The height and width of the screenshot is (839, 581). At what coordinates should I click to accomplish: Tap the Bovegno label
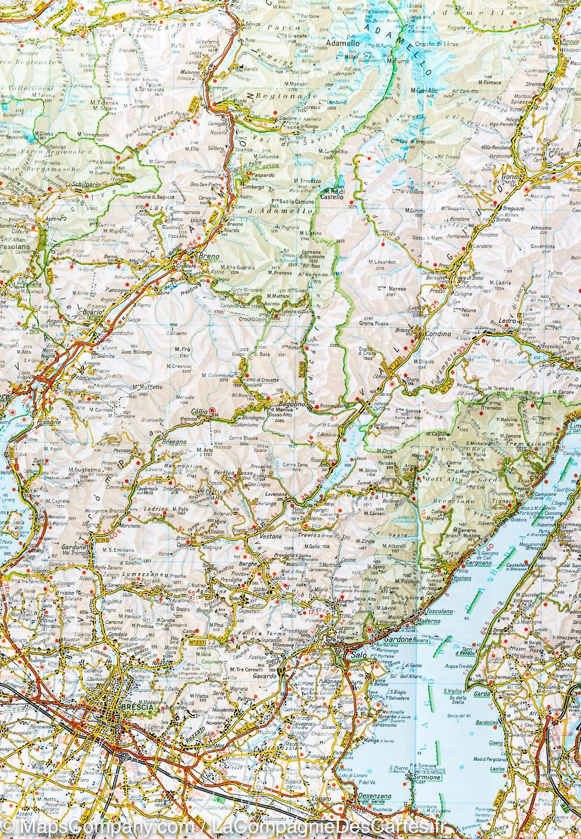pos(172,442)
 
